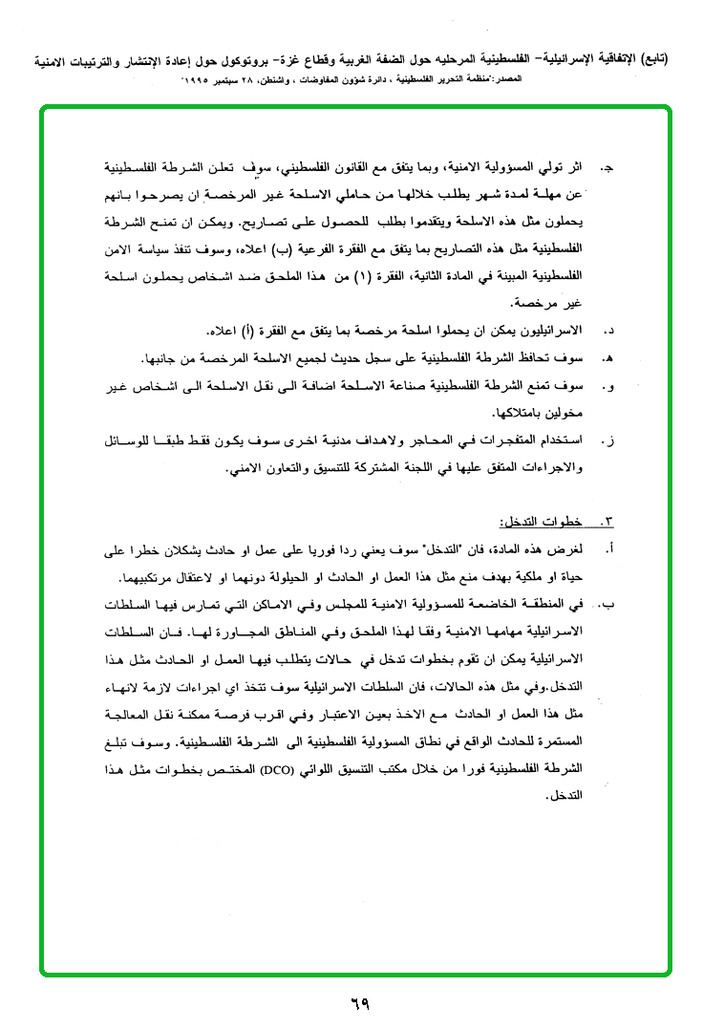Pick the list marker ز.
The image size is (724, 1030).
click(607, 441)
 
